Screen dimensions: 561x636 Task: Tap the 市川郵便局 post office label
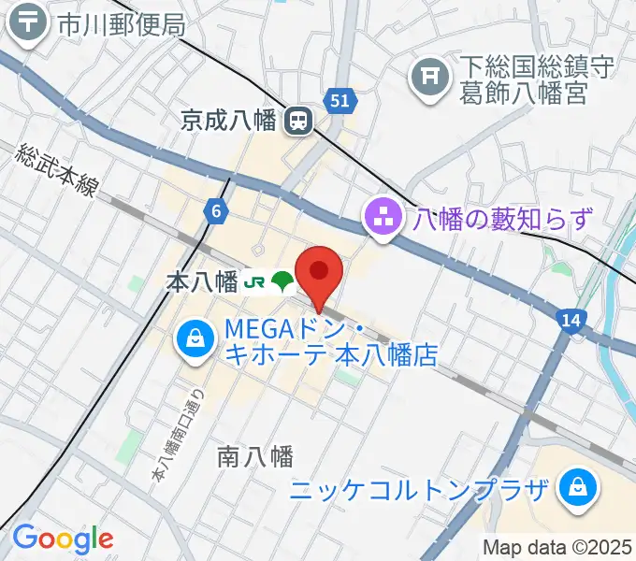tap(122, 25)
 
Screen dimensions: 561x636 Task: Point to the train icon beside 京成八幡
tap(298, 120)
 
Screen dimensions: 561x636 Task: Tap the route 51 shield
tap(340, 100)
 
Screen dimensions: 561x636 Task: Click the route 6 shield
tap(217, 212)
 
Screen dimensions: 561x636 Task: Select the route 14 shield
tap(572, 321)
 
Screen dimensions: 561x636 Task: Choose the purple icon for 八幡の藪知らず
tap(381, 220)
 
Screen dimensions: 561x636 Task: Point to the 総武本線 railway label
tap(57, 169)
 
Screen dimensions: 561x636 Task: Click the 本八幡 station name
tap(201, 282)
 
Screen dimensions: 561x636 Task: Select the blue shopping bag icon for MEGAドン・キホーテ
tap(193, 338)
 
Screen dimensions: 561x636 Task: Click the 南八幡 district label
tap(255, 456)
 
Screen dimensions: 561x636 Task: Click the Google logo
tap(63, 539)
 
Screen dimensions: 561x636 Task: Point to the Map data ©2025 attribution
tap(557, 547)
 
